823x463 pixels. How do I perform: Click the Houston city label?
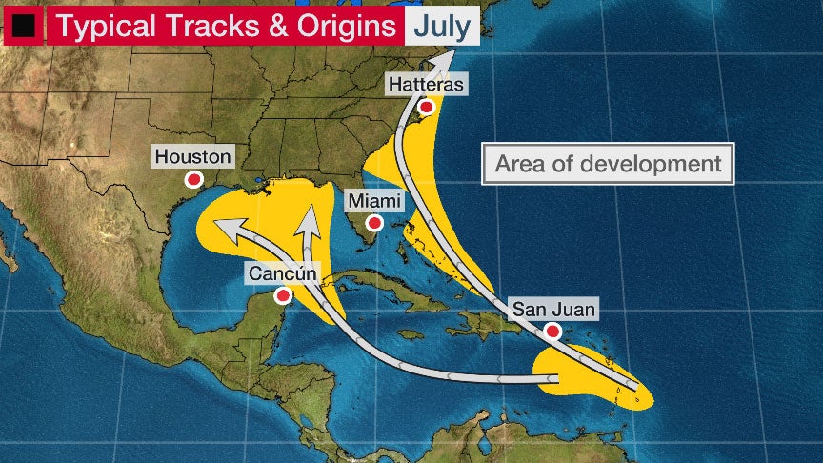point(193,156)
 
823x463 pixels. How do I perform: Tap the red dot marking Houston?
point(194,179)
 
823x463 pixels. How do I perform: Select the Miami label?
point(374,201)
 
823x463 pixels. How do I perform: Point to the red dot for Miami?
point(375,223)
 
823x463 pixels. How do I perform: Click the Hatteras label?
point(427,85)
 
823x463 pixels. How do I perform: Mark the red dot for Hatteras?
point(427,107)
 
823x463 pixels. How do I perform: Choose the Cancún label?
point(282,273)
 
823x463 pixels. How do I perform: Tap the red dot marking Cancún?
point(282,296)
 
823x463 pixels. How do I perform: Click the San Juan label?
point(553,309)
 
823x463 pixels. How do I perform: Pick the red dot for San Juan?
point(552,332)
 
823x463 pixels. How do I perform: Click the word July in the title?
point(441,26)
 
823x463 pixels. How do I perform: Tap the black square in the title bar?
point(23,27)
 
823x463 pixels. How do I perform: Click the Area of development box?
point(609,164)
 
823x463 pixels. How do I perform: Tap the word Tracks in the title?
point(211,26)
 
